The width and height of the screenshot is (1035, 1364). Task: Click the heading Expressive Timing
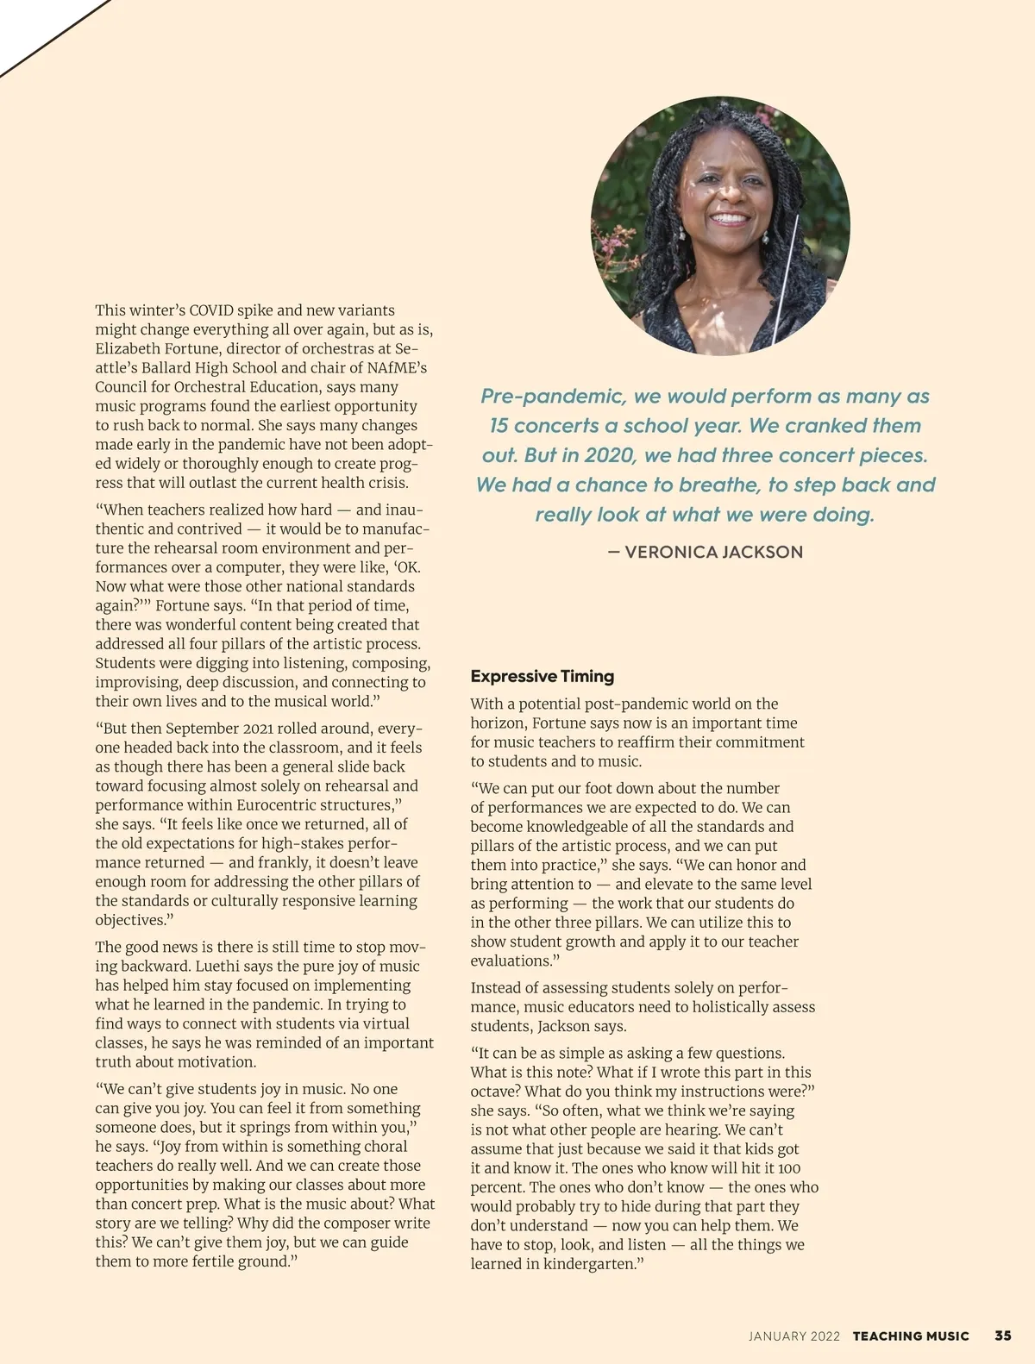542,676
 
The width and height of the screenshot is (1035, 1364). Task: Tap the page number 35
1003,1336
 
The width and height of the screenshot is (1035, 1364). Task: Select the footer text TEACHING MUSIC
911,1336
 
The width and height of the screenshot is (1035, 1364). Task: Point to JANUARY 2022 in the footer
793,1336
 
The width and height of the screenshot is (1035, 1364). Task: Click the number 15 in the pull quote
501,425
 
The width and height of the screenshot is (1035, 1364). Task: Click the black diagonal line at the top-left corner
52,39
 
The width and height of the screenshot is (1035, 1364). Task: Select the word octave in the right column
492,1092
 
